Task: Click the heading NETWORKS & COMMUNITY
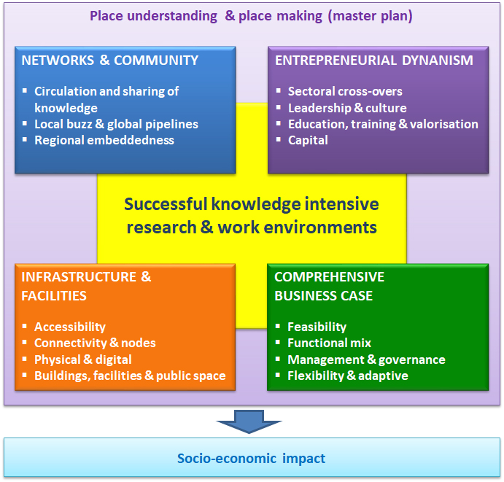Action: [109, 61]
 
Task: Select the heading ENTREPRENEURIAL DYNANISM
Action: [373, 61]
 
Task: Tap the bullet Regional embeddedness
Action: [104, 140]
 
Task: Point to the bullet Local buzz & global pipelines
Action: [116, 124]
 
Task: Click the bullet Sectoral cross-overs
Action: [345, 92]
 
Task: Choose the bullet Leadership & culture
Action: [347, 108]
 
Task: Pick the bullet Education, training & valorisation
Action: [383, 124]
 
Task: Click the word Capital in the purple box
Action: [308, 140]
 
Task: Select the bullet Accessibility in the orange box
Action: [70, 327]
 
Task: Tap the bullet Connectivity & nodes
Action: [95, 343]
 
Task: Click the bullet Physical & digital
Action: [83, 359]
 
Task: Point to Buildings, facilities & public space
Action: [130, 376]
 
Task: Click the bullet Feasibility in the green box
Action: [317, 327]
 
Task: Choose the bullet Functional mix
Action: [329, 343]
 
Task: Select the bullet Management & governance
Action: [366, 359]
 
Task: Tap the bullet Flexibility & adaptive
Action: [347, 376]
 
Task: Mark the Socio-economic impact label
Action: [252, 459]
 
